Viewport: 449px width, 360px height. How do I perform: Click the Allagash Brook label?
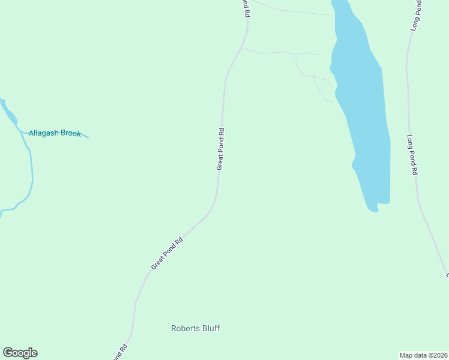tap(55, 133)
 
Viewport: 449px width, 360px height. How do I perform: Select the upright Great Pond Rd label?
tap(220, 149)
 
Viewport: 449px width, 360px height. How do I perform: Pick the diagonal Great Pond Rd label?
tap(166, 253)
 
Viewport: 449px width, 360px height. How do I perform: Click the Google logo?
tap(20, 353)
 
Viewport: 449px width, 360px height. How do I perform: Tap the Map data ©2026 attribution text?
tap(423, 355)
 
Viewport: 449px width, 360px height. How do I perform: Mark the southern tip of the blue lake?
tap(373, 210)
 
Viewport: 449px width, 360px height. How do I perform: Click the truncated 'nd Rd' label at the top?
tap(246, 8)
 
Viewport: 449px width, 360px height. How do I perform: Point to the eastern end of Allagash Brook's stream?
tap(88, 137)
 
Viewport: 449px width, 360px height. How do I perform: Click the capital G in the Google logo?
tap(7, 353)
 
